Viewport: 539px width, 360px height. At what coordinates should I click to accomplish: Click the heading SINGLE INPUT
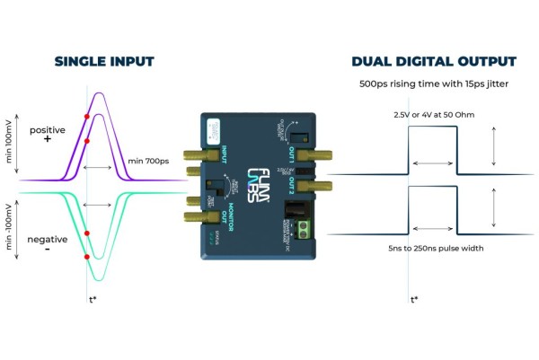click(x=104, y=62)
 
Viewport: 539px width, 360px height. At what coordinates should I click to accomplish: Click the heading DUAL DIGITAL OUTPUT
click(x=434, y=62)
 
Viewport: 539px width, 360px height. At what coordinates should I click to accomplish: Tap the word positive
click(x=47, y=131)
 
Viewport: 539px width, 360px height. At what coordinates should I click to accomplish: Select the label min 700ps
click(x=149, y=162)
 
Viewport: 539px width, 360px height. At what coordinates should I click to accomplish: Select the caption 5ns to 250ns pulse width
click(x=433, y=247)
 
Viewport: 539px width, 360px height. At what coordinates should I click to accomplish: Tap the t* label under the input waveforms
click(x=92, y=299)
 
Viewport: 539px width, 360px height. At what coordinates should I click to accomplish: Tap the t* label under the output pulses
click(x=413, y=299)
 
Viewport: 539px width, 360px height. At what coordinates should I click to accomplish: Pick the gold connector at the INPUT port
click(x=191, y=154)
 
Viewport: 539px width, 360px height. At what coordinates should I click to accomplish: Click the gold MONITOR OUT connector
click(x=191, y=217)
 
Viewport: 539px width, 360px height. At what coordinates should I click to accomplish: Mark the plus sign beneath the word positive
click(x=47, y=142)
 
